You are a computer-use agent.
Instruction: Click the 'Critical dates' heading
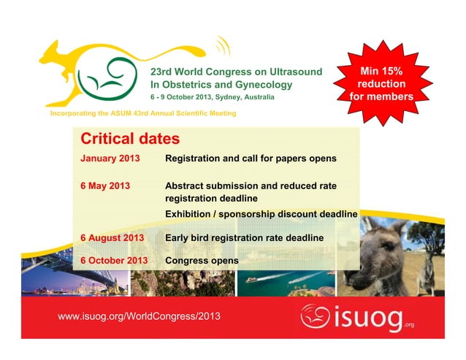(x=130, y=138)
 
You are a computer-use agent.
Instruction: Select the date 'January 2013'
(x=110, y=158)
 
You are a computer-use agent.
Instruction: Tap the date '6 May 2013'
(x=105, y=185)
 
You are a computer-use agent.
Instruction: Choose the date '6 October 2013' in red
(x=115, y=260)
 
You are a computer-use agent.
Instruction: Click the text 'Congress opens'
(x=202, y=260)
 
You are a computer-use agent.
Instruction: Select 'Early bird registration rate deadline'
(x=244, y=237)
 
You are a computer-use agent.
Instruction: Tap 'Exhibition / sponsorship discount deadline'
(x=261, y=214)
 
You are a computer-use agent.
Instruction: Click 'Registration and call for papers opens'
(x=251, y=158)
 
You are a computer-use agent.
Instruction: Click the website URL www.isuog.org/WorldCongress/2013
(x=139, y=315)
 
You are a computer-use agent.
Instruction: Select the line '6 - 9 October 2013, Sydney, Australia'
(x=213, y=97)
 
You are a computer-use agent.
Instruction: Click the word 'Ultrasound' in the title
(x=295, y=72)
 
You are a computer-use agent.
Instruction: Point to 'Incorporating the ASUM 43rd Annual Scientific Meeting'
(x=142, y=114)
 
